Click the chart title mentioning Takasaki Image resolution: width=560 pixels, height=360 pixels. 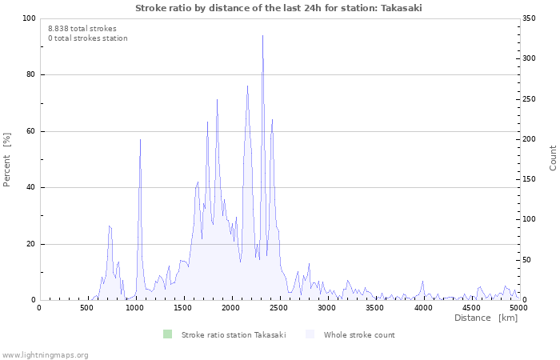click(x=278, y=8)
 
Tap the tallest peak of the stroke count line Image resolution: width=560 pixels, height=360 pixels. click(x=263, y=35)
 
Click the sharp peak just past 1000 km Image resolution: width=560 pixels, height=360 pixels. click(x=140, y=139)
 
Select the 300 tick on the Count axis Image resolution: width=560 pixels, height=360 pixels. click(x=529, y=58)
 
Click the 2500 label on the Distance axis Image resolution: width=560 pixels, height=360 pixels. click(x=279, y=307)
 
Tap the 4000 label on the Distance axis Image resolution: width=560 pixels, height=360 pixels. click(x=423, y=307)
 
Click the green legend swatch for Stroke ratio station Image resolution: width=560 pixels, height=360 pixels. click(x=167, y=334)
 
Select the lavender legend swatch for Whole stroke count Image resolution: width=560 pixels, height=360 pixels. click(x=310, y=334)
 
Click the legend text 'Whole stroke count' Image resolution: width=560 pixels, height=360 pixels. click(x=359, y=335)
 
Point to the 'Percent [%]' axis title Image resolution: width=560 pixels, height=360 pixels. click(x=6, y=160)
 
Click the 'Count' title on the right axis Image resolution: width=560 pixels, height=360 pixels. click(x=553, y=158)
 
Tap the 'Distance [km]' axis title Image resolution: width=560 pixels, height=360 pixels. click(x=486, y=318)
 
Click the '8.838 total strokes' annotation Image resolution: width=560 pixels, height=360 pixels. click(x=82, y=29)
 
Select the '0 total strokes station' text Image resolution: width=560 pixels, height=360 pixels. click(x=88, y=38)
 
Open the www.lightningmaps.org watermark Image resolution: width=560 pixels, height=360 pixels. click(x=45, y=355)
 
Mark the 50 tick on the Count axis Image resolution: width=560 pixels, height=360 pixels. click(x=526, y=260)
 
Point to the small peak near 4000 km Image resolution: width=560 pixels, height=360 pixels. click(x=423, y=282)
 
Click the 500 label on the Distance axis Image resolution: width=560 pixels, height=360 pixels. click(x=86, y=307)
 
